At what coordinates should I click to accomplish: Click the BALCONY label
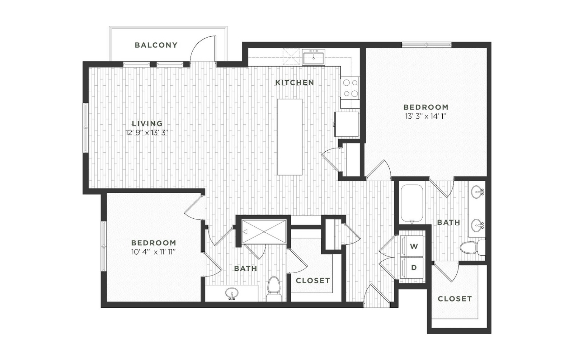(156, 45)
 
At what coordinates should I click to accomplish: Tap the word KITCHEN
(295, 82)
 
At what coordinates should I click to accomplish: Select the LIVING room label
(147, 123)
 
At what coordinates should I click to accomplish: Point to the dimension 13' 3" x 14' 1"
(426, 116)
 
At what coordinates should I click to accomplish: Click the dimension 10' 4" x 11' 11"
(153, 252)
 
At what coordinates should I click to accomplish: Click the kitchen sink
(314, 57)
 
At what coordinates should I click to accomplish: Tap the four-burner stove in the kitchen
(350, 88)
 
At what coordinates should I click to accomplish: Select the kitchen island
(290, 137)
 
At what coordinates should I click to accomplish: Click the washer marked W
(411, 246)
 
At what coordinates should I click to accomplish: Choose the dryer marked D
(411, 267)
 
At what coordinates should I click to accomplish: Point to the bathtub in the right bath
(412, 204)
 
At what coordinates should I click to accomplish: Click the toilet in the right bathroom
(472, 248)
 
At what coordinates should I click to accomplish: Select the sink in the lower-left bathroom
(232, 293)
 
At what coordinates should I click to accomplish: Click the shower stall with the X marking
(264, 232)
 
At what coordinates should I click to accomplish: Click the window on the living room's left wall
(86, 128)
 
